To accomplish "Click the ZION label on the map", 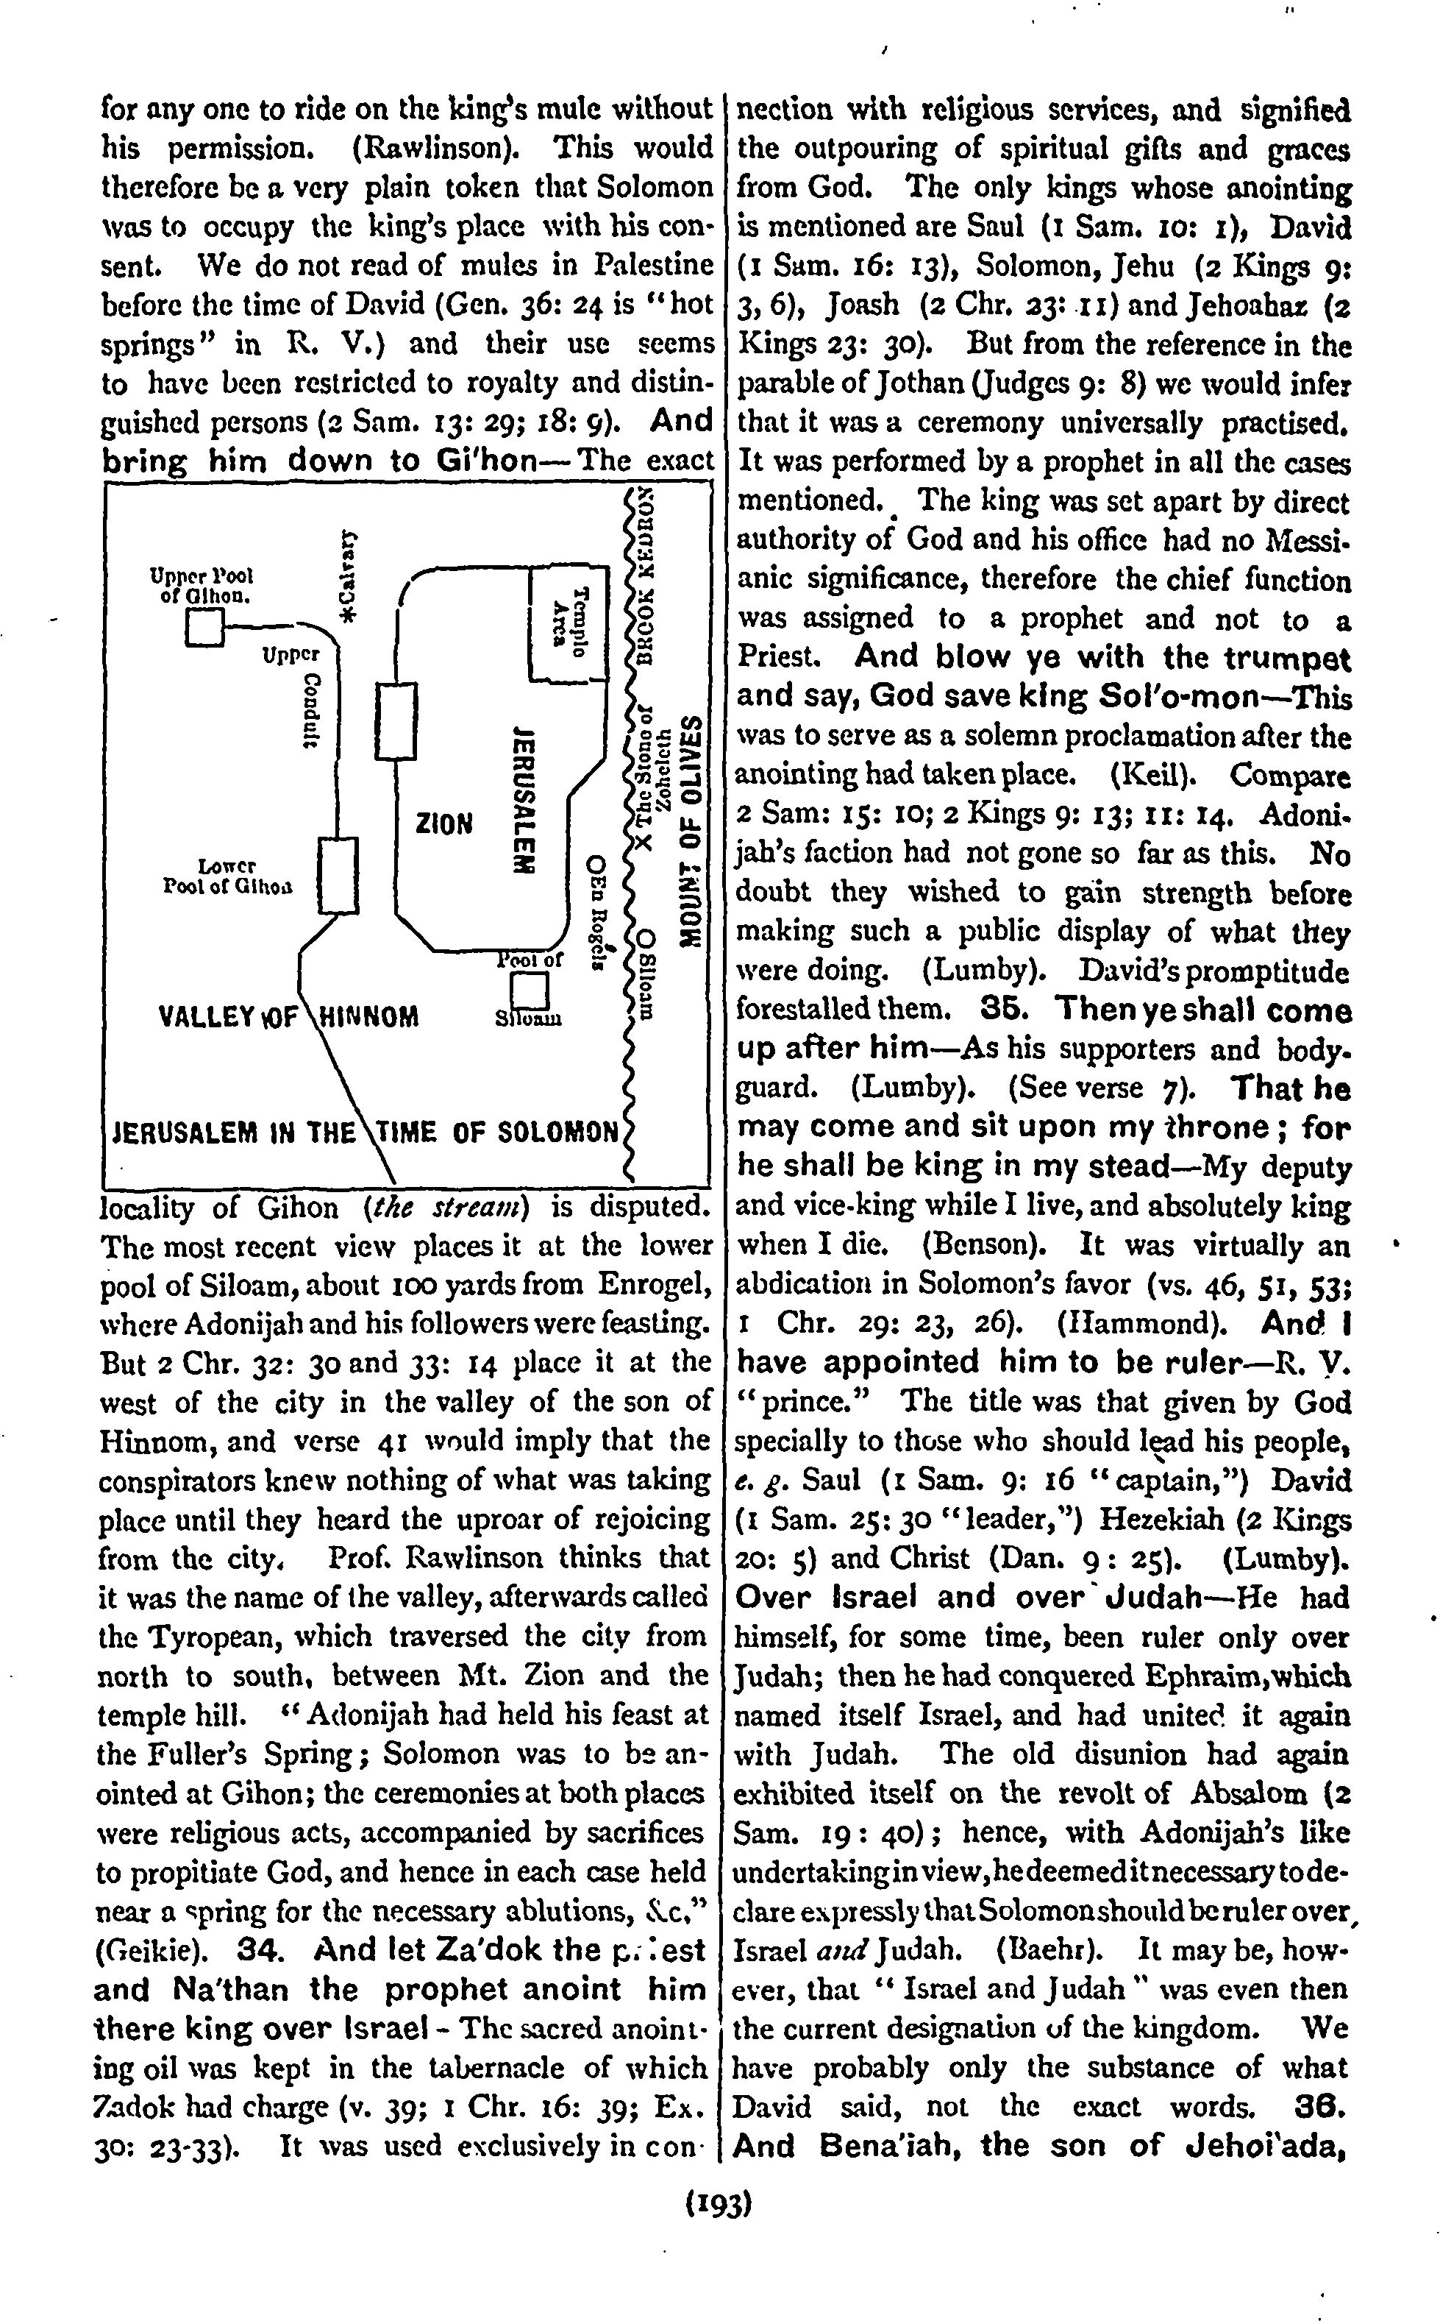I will [443, 821].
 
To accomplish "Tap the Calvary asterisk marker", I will [348, 614].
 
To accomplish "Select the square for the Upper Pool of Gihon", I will [204, 627].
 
